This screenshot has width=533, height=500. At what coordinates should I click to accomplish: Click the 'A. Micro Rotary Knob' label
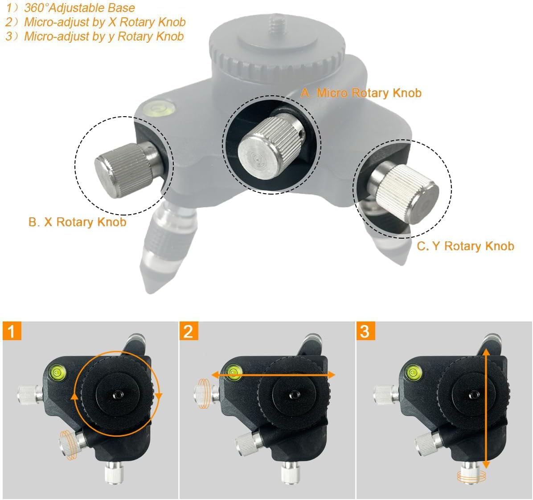361,93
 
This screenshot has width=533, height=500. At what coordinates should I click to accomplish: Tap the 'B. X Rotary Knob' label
78,222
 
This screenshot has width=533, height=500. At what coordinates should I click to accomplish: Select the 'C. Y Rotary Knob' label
465,246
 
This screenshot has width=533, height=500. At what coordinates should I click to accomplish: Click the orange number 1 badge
12,331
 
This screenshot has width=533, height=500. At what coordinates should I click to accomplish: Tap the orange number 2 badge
189,331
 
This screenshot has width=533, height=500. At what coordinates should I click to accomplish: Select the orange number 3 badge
365,331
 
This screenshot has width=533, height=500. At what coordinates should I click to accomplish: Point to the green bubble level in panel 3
414,372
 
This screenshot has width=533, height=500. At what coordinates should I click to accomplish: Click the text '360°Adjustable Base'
79,8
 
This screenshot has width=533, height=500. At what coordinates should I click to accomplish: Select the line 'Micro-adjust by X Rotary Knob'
105,22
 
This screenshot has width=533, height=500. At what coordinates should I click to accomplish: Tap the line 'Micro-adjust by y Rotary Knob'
104,37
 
